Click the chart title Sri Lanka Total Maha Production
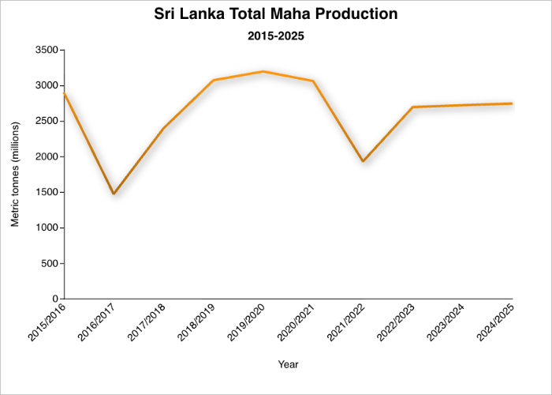(x=276, y=14)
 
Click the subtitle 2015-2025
(x=276, y=36)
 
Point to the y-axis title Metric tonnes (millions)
(x=15, y=175)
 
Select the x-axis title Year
(x=288, y=364)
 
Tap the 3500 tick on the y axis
(x=44, y=50)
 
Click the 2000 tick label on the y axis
(x=44, y=156)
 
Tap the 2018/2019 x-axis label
(x=195, y=324)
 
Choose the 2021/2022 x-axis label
(x=345, y=324)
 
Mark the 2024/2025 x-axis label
(x=494, y=324)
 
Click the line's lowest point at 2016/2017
(x=114, y=194)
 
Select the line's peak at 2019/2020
(x=263, y=71)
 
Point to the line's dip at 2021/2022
(x=363, y=161)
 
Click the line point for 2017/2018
(x=163, y=128)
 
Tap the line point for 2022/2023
(x=413, y=107)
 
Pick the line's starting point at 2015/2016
(x=64, y=92)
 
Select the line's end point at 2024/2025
(x=513, y=103)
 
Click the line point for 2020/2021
(x=313, y=81)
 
